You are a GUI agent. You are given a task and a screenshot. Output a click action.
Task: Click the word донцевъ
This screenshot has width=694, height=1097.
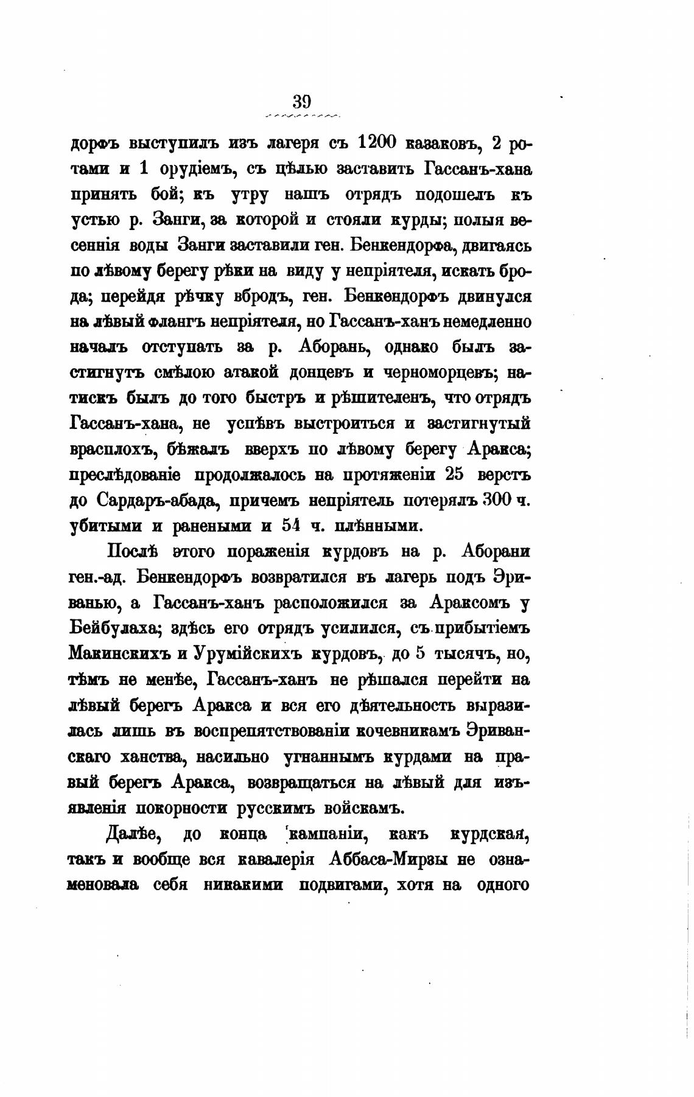click(x=328, y=372)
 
